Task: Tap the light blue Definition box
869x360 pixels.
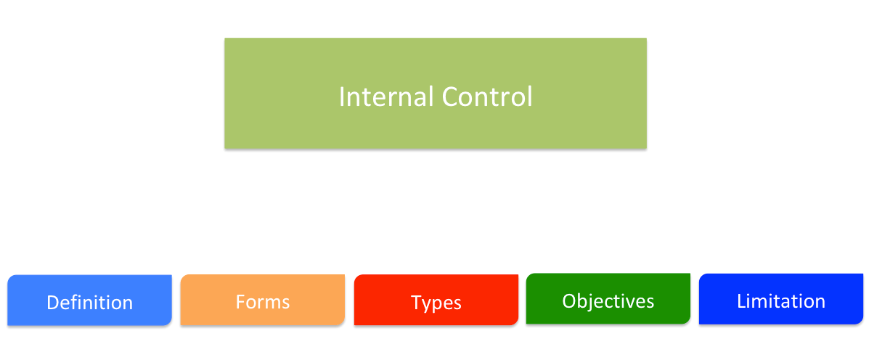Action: pos(89,300)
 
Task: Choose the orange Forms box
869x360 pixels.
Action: pos(262,300)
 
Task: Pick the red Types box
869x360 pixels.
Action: pos(436,300)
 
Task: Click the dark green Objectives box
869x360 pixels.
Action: pos(608,298)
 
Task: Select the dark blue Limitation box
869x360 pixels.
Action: pos(780,299)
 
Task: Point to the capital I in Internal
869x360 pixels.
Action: pos(342,97)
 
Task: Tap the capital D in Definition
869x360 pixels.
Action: pos(52,303)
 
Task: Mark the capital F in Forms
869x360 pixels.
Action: pos(240,301)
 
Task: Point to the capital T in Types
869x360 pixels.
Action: pos(416,303)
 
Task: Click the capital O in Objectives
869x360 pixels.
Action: pos(569,300)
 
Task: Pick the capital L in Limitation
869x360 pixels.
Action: pos(741,301)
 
